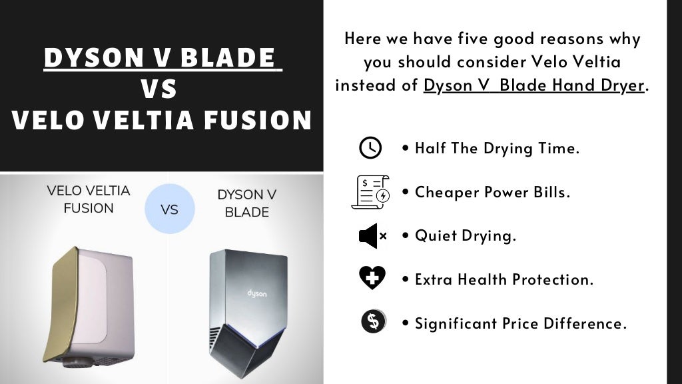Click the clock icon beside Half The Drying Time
pyautogui.click(x=370, y=147)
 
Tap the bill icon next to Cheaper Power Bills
pyautogui.click(x=370, y=192)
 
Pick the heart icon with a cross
pyautogui.click(x=372, y=279)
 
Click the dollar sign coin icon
pyautogui.click(x=373, y=323)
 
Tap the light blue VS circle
pyautogui.click(x=169, y=209)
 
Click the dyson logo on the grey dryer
pyautogui.click(x=257, y=294)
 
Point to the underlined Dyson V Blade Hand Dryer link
pyautogui.click(x=534, y=86)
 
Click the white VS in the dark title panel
pyautogui.click(x=160, y=89)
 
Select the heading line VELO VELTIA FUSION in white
pyautogui.click(x=162, y=120)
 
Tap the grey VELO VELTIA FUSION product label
pyautogui.click(x=89, y=199)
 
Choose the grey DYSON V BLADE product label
pyautogui.click(x=246, y=203)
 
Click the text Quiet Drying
pyautogui.click(x=466, y=236)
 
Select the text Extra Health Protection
pyautogui.click(x=504, y=279)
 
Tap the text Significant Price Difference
pyautogui.click(x=521, y=323)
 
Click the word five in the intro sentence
pyautogui.click(x=466, y=39)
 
